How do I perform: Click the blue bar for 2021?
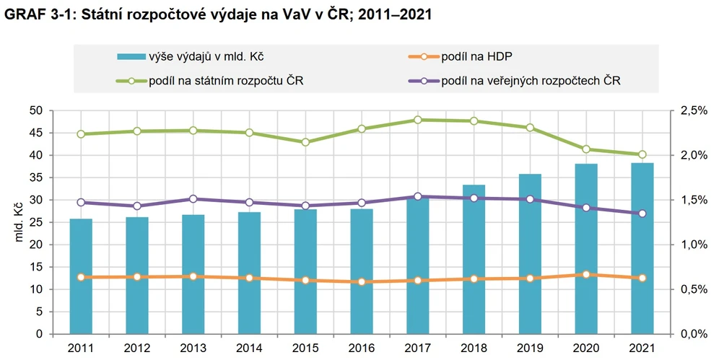(x=642, y=248)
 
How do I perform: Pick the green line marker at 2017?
(x=417, y=120)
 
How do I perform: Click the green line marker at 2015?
(x=305, y=142)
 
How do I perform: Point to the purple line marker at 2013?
(x=193, y=199)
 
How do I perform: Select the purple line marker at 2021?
(x=642, y=214)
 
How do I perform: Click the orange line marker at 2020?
(x=585, y=275)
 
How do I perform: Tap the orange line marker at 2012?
(x=137, y=277)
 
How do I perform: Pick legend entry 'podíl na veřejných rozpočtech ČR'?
(x=531, y=80)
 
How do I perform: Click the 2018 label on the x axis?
(x=474, y=348)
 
